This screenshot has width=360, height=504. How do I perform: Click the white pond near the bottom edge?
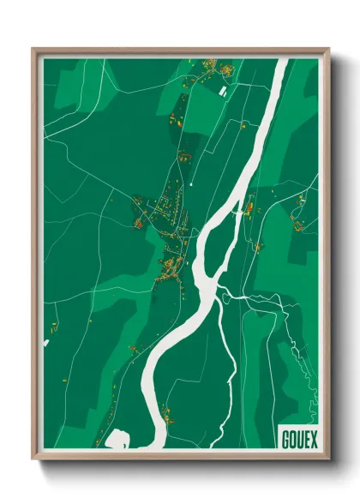118,440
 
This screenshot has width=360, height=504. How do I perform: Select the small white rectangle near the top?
223,89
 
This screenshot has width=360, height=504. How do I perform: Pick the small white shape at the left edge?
46,343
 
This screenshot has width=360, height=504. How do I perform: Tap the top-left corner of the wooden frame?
35,50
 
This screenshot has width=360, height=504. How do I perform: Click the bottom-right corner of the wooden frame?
327,456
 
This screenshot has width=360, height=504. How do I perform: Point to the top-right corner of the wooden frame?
327,50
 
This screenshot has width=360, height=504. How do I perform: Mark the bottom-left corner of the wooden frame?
35,456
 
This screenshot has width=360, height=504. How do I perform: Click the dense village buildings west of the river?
171,266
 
